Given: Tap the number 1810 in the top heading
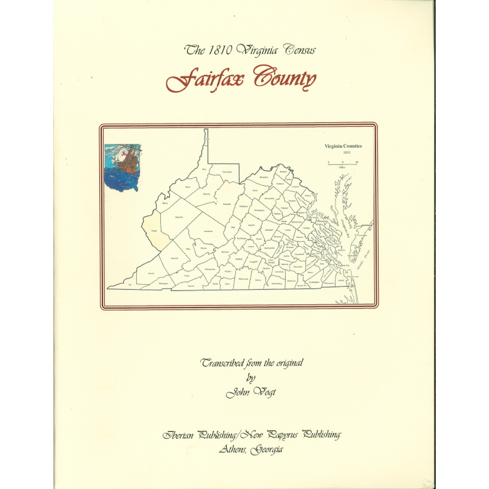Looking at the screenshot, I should (218, 51).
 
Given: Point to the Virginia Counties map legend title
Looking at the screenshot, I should (343, 146).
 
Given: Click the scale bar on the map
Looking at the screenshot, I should (342, 162).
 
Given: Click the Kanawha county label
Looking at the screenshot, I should (179, 217).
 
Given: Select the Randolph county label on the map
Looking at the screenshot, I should (227, 204).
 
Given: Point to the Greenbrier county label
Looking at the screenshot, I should (208, 231).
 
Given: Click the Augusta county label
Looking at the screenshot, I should (250, 224).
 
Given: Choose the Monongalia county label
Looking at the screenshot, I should (227, 172).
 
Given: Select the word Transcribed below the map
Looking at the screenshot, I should (223, 362).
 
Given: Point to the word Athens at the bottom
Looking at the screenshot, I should (234, 449).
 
